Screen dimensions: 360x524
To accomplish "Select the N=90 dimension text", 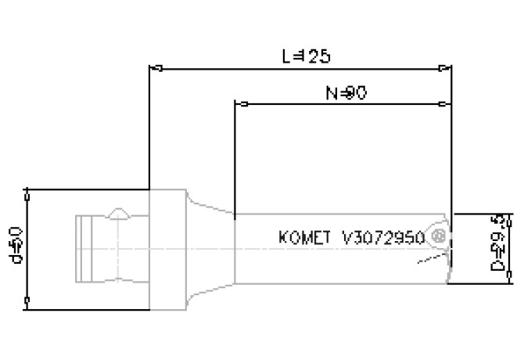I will click(346, 92).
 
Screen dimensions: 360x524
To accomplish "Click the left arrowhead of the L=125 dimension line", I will click(154, 68).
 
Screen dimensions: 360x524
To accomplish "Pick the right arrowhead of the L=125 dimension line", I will click(447, 68).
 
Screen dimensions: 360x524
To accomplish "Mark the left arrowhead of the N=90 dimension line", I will click(240, 103).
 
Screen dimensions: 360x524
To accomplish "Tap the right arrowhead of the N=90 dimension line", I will click(447, 103).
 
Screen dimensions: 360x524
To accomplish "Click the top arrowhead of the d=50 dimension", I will click(27, 193).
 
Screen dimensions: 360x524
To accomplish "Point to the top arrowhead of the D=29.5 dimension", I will click(509, 216).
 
